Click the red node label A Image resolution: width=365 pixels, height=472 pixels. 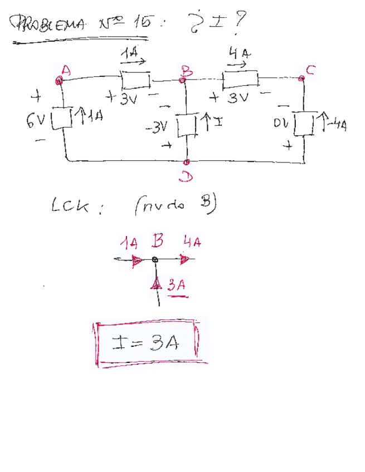pyautogui.click(x=66, y=70)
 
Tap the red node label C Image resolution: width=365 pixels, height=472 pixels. pyautogui.click(x=310, y=70)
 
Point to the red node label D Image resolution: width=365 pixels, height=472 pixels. pyautogui.click(x=186, y=176)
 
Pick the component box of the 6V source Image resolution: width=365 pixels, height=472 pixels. pyautogui.click(x=65, y=118)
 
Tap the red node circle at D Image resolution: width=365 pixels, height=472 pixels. pyautogui.click(x=187, y=162)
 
